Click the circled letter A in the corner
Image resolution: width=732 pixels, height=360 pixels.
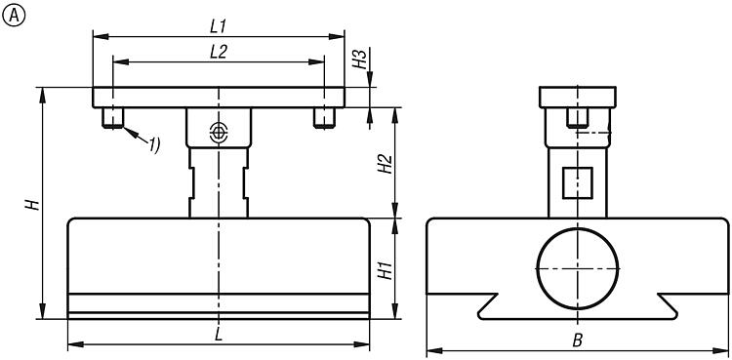click(13, 16)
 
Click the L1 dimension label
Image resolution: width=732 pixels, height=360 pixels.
click(218, 27)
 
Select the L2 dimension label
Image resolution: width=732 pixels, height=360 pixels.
click(218, 53)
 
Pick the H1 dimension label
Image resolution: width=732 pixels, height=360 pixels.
click(386, 270)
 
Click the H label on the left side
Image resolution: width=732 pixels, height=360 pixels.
click(31, 205)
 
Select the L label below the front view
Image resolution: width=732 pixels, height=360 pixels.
click(219, 335)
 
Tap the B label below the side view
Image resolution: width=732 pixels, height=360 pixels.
click(578, 340)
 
